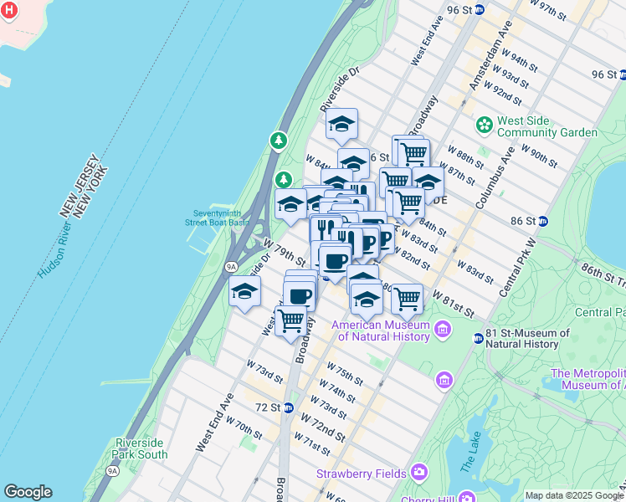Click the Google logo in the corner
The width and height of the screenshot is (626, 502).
pos(28,492)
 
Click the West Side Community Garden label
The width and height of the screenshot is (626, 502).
pos(546,126)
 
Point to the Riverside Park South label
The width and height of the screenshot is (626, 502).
pos(141,448)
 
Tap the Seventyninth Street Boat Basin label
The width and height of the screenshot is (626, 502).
pos(217,218)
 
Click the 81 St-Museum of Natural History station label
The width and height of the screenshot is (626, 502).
pos(521,338)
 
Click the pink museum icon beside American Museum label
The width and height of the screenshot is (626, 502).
pos(444,330)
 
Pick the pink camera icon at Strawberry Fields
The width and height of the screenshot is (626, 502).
pos(418,474)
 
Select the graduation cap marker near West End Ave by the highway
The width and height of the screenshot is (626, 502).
pos(244,291)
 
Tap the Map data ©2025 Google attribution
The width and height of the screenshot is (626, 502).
pos(573,495)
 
